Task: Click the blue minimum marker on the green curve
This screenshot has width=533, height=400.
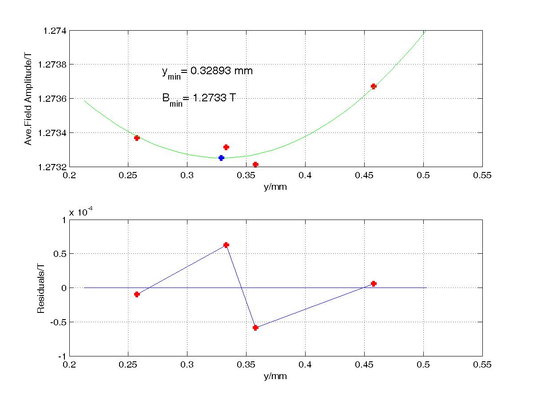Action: (x=221, y=158)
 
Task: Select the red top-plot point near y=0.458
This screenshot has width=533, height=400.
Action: (x=374, y=86)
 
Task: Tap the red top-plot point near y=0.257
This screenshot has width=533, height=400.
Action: (x=137, y=138)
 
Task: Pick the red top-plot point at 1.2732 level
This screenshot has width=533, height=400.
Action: (x=255, y=164)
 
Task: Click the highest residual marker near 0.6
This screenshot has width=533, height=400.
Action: (x=226, y=245)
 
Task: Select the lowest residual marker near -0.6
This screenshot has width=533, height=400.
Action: (x=255, y=328)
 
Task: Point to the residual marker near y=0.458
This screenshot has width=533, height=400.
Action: (x=374, y=284)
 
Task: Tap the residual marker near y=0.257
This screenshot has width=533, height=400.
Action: (x=137, y=294)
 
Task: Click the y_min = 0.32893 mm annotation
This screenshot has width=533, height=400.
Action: (x=207, y=72)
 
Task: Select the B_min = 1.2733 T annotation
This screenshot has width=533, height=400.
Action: (x=199, y=99)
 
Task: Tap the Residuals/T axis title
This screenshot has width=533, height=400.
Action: (x=40, y=288)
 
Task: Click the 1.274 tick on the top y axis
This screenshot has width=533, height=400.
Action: (x=54, y=31)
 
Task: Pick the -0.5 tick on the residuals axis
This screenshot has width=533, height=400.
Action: (x=56, y=322)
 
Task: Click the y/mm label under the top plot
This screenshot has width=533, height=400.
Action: (x=275, y=187)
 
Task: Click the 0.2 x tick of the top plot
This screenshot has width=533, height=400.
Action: (x=69, y=176)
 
